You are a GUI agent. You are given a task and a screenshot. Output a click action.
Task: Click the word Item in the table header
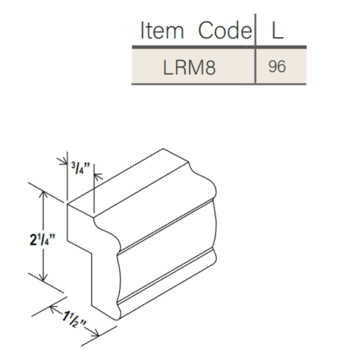tap(161, 30)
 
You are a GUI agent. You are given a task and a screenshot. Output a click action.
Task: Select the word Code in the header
tap(225, 30)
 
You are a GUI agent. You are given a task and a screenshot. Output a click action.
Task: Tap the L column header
tap(277, 30)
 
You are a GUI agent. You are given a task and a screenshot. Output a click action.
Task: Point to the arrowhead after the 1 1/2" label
tap(98, 332)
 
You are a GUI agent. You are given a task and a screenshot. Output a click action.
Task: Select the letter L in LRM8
tap(169, 67)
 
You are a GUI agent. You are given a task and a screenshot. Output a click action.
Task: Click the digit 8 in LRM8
tap(209, 67)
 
